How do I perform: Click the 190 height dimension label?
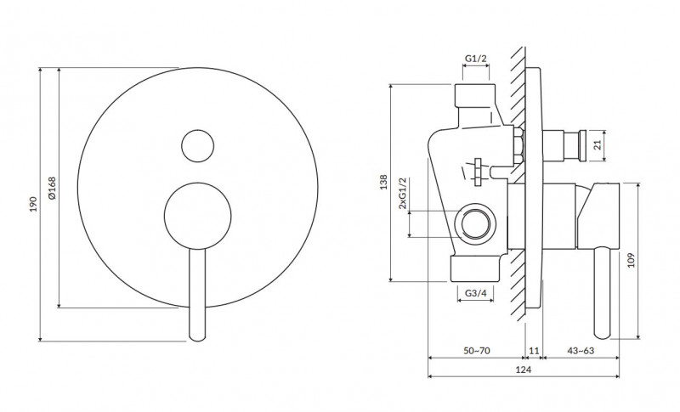[33, 204]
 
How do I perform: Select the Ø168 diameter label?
[52, 188]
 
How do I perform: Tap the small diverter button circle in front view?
[198, 146]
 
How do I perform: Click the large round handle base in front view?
[198, 216]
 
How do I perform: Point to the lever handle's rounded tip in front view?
[197, 336]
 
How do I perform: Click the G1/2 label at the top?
[476, 59]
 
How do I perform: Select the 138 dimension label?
[383, 182]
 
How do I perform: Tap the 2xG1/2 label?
[403, 193]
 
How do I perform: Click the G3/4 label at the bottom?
[476, 293]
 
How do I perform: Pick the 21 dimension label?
[598, 145]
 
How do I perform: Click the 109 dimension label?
[631, 260]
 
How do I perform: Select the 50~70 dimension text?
[477, 351]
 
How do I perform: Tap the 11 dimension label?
[534, 351]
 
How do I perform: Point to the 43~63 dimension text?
[581, 351]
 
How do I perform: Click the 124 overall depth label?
[523, 370]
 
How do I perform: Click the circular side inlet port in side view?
[476, 224]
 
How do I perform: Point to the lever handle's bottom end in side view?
[602, 334]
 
